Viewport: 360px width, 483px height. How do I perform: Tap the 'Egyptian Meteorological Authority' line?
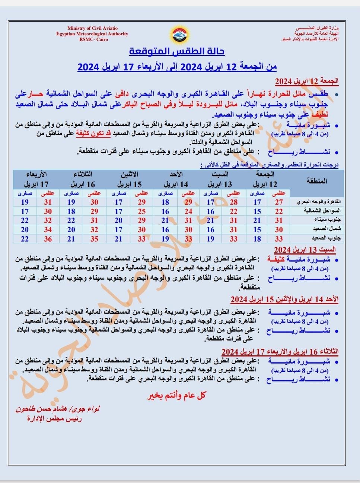click(92, 34)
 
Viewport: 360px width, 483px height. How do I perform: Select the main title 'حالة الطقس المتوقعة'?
click(177, 51)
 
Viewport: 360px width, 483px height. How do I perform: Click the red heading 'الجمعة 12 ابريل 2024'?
click(307, 81)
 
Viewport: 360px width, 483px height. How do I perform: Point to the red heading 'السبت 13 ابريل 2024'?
click(305, 249)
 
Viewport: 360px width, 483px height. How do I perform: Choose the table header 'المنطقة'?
click(316, 181)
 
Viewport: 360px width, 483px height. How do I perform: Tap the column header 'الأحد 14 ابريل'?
click(176, 179)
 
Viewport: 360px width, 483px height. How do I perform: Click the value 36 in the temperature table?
click(48, 239)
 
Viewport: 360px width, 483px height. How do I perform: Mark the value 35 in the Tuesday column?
click(94, 239)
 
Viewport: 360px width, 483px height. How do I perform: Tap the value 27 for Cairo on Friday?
click(279, 202)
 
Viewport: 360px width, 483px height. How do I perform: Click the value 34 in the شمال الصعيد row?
click(48, 230)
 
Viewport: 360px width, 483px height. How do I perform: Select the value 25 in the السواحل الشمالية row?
click(141, 211)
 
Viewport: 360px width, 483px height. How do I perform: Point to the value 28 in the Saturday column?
click(233, 202)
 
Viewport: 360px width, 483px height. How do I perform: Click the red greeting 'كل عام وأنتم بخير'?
click(176, 396)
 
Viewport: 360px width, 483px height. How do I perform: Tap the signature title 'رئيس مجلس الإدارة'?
click(54, 419)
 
